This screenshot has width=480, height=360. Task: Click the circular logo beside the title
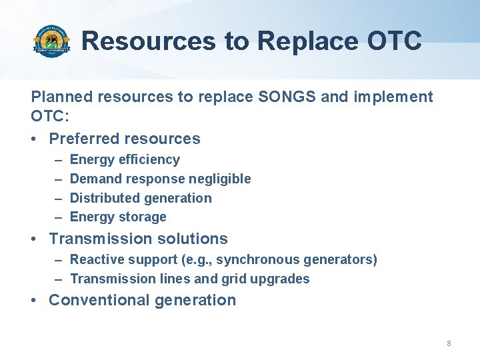pos(51,41)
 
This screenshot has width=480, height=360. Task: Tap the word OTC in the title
pos(394,41)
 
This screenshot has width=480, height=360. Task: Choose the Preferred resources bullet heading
pos(125,139)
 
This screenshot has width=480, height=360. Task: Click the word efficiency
pos(149,160)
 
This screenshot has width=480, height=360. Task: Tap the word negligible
pos(219,179)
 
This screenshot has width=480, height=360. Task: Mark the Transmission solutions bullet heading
pos(138,239)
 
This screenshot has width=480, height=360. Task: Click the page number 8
pos(449,343)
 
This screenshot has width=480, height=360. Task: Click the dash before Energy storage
pos(57,217)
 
